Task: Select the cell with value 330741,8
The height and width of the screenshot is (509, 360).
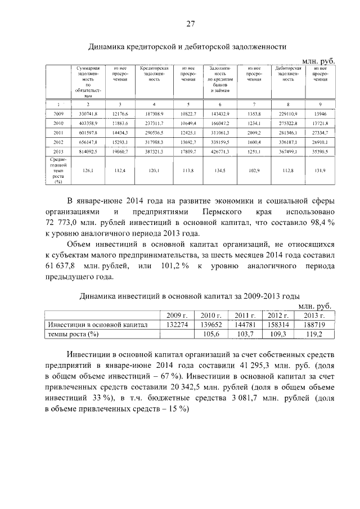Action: click(x=88, y=114)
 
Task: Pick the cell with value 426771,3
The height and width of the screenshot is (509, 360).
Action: click(x=220, y=151)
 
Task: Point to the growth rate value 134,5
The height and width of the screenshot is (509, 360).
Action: click(x=220, y=170)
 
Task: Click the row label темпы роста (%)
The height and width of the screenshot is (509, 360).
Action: click(x=73, y=334)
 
